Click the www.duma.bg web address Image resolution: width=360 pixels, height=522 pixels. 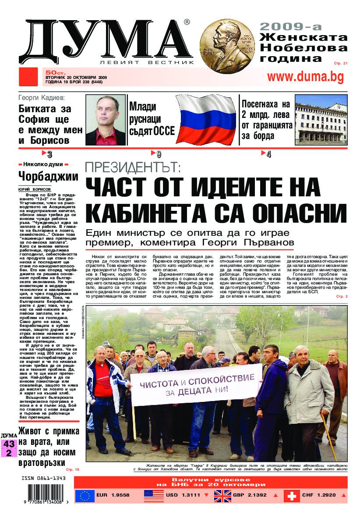[x=305, y=77]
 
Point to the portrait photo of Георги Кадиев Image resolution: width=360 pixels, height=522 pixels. [x=106, y=120]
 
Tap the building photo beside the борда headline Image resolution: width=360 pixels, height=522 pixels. [x=321, y=120]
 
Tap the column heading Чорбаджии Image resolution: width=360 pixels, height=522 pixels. [x=48, y=177]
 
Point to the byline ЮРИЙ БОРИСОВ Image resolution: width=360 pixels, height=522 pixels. [x=35, y=189]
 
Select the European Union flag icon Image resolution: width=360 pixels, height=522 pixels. [x=85, y=495]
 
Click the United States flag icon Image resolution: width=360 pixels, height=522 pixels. [x=154, y=495]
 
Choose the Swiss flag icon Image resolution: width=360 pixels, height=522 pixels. [x=292, y=495]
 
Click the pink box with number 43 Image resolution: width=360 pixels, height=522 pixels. [x=9, y=444]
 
